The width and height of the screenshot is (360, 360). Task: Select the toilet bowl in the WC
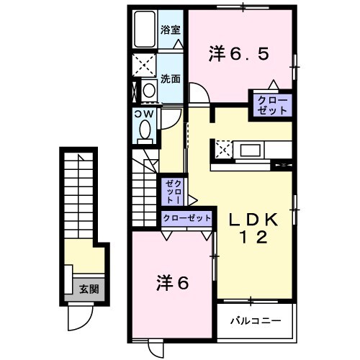pyautogui.click(x=143, y=130)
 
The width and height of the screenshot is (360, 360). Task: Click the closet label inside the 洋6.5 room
pyautogui.click(x=271, y=105)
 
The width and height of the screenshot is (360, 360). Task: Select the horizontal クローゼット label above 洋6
pyautogui.click(x=186, y=217)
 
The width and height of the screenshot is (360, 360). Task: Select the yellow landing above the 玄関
pyautogui.click(x=83, y=256)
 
